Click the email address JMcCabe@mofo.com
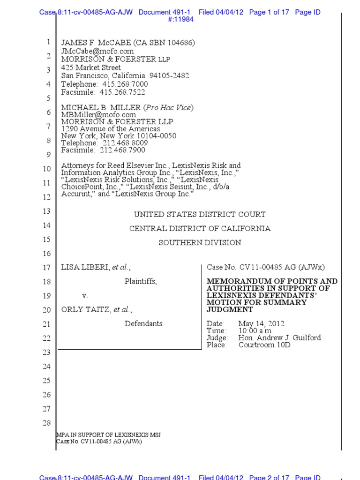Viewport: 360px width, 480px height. point(97,51)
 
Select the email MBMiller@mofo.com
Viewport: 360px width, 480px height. point(98,114)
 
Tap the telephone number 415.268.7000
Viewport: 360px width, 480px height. point(125,84)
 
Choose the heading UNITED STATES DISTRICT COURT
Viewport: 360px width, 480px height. point(200,215)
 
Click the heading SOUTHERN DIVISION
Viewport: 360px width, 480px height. point(200,243)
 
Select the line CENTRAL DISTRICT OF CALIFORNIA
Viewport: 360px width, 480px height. point(200,229)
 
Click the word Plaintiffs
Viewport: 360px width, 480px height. point(141,282)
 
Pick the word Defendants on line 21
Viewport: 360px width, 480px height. point(144,324)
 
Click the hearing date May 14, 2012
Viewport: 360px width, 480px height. point(261,324)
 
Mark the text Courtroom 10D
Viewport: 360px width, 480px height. point(264,345)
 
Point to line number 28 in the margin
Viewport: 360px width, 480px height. point(46,424)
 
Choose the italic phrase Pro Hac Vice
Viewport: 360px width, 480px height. point(169,108)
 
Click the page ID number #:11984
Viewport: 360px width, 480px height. point(180,20)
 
